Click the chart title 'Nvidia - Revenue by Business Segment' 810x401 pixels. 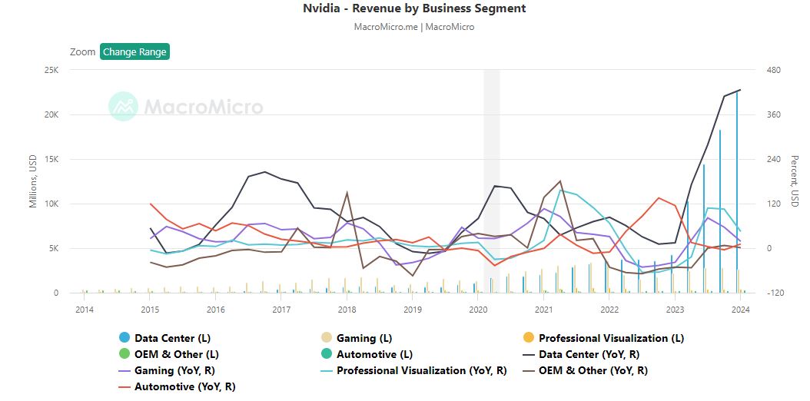click(x=414, y=8)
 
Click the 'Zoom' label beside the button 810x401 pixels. click(x=82, y=52)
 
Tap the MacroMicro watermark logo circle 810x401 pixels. click(x=123, y=107)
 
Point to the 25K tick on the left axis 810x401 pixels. click(x=51, y=70)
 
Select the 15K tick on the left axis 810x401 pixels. click(x=51, y=159)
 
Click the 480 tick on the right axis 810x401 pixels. click(x=773, y=70)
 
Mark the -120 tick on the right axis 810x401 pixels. click(x=773, y=293)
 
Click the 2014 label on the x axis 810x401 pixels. click(x=84, y=310)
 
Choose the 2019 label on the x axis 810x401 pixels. click(x=413, y=310)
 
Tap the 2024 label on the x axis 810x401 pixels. click(x=740, y=310)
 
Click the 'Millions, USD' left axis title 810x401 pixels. click(x=33, y=181)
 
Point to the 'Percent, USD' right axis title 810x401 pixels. click(x=795, y=181)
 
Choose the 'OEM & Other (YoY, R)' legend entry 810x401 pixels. click(x=593, y=370)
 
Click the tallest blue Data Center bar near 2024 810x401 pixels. click(x=737, y=192)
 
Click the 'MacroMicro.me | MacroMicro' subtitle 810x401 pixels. click(x=414, y=27)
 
